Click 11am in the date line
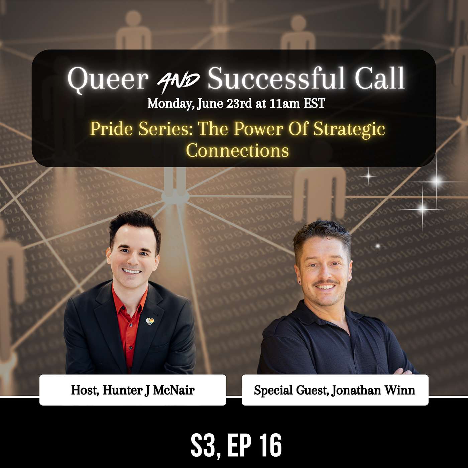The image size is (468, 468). (x=285, y=104)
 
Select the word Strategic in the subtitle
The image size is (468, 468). (x=349, y=129)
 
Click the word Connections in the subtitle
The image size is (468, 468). (x=237, y=150)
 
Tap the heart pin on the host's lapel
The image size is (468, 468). (x=150, y=322)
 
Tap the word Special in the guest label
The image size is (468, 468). (x=273, y=390)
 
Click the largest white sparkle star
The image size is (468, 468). (x=436, y=182)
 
